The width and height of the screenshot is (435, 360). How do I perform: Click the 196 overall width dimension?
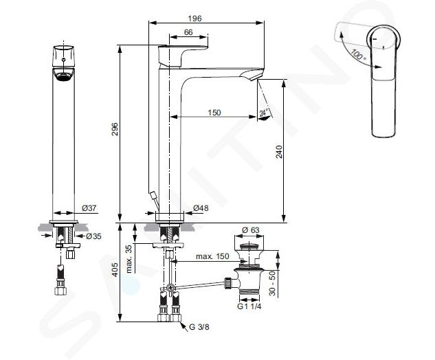194,19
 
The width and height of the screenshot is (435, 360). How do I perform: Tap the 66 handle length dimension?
188,32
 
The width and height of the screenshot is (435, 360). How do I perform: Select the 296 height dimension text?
115,129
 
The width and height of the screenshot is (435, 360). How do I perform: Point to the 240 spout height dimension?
279,152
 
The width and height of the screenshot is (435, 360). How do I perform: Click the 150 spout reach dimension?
214,113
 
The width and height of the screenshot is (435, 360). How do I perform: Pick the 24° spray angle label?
264,113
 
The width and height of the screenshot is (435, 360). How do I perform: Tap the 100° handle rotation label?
359,55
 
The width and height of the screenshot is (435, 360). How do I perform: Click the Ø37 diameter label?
89,207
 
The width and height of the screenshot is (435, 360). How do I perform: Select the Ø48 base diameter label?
201,207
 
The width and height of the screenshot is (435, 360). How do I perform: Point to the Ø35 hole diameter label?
93,236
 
